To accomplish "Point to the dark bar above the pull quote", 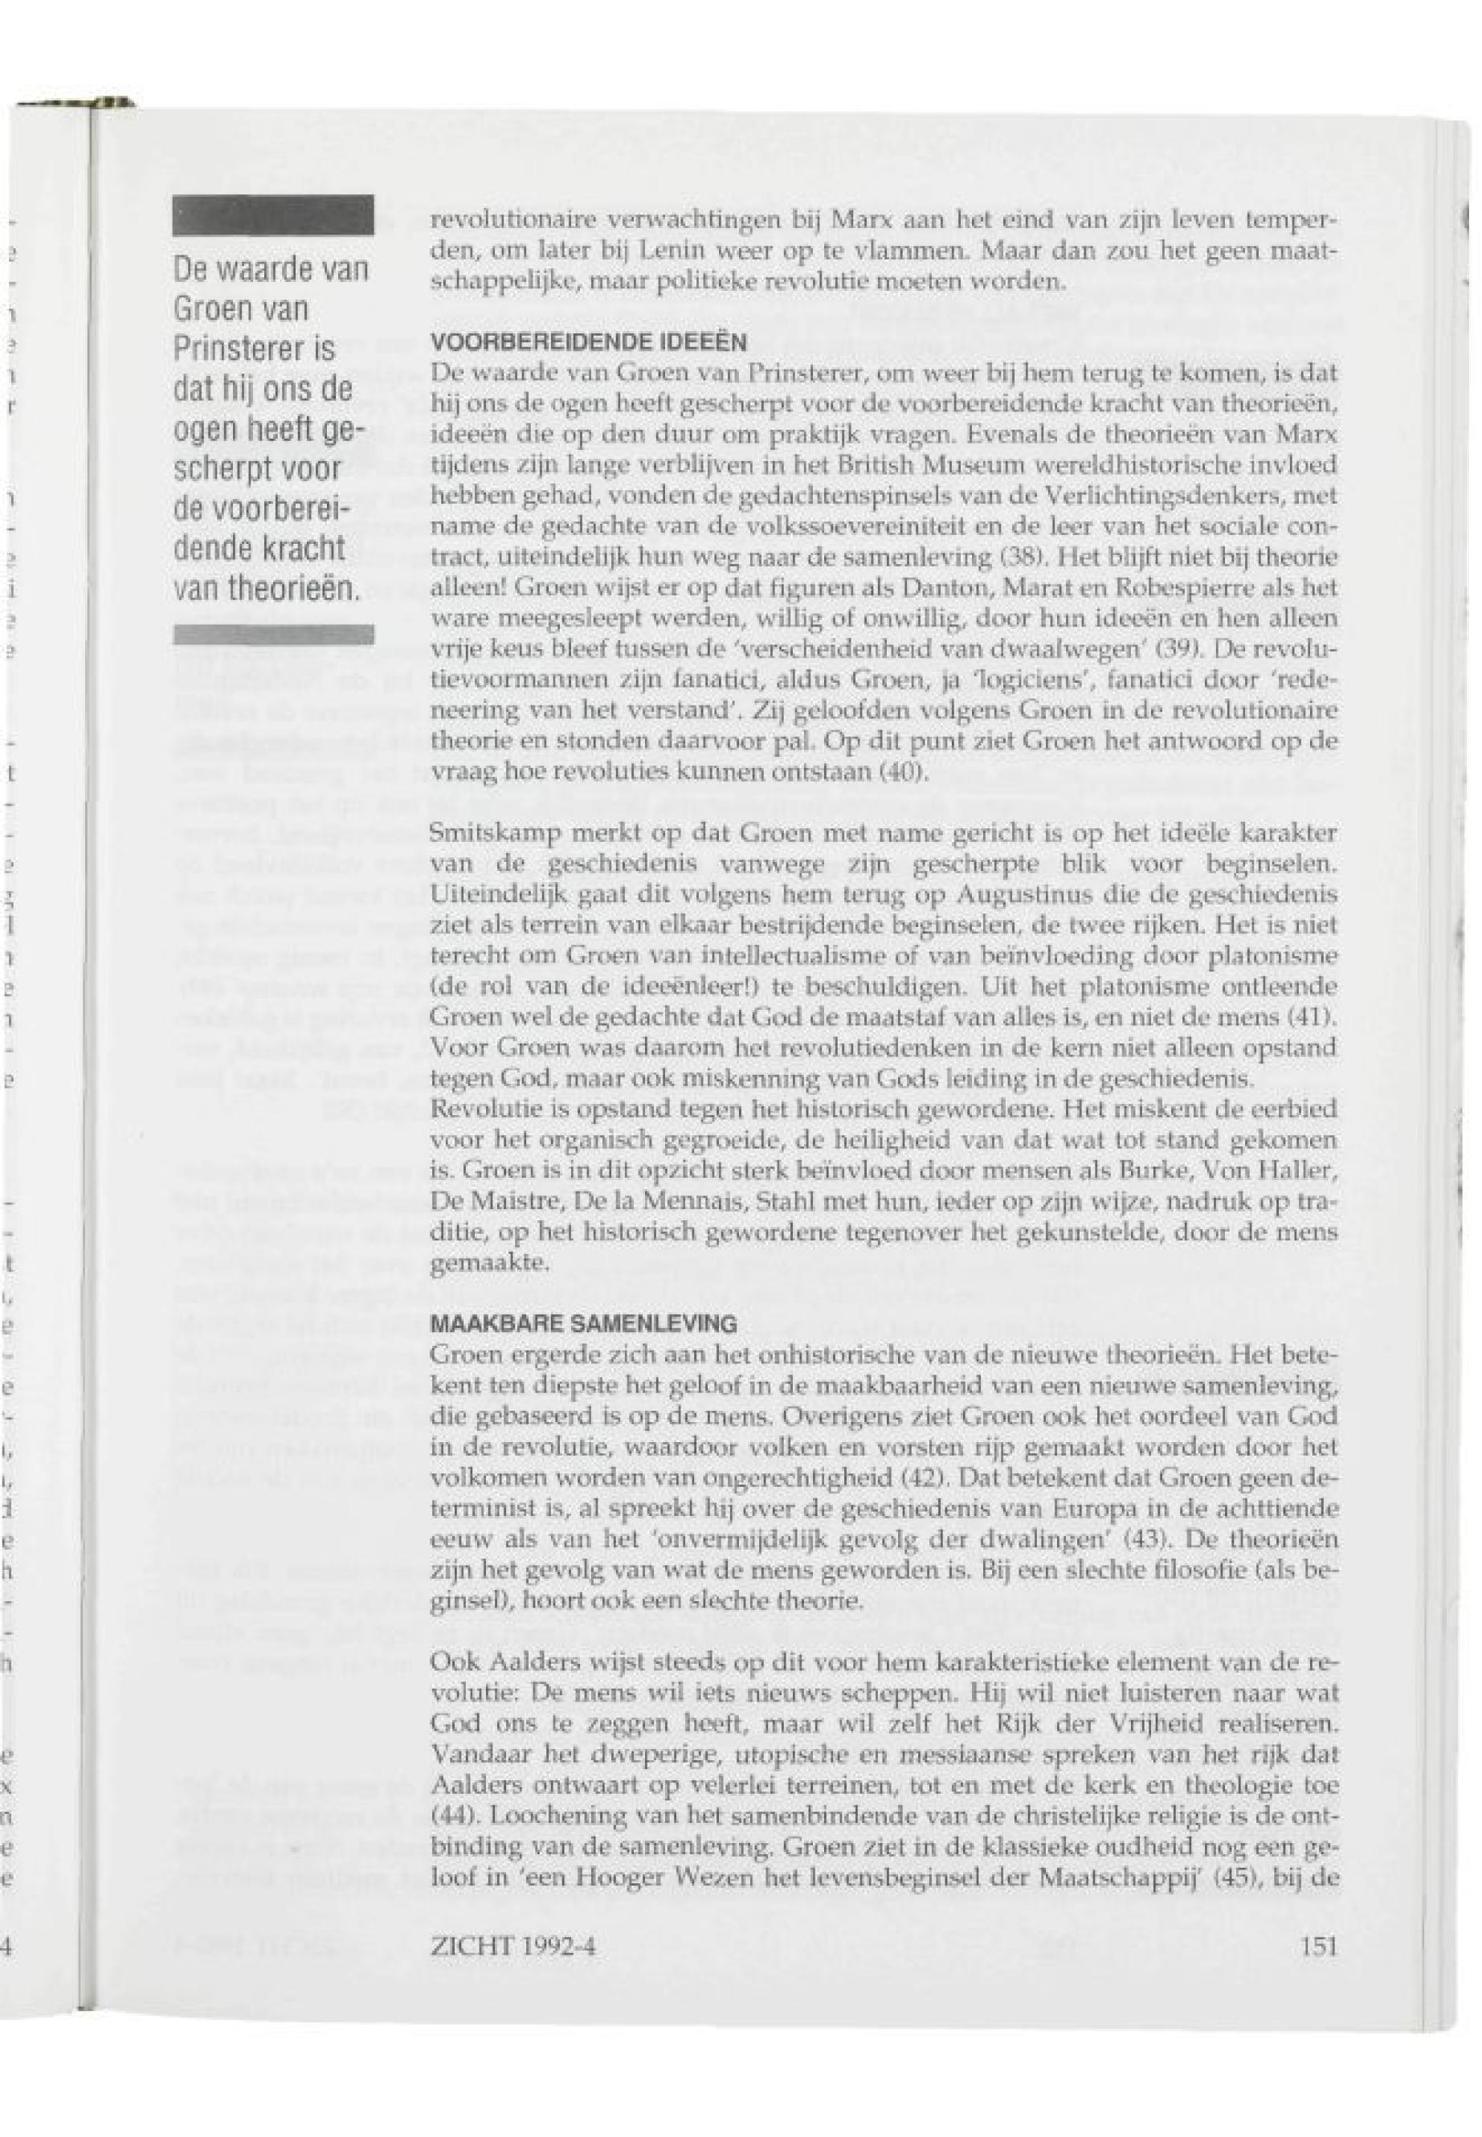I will tap(273, 215).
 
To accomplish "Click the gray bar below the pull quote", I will tap(273, 635).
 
